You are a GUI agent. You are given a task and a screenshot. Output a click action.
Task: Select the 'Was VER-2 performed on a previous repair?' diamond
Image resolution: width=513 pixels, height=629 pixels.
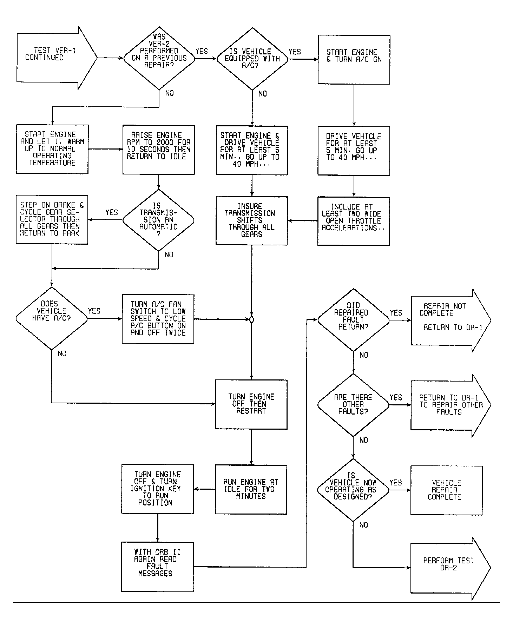coord(159,58)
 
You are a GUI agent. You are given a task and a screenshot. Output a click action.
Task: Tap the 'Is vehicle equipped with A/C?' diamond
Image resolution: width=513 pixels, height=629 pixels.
coord(252,59)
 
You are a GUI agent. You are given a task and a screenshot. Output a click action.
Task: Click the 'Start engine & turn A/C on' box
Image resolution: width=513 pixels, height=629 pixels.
coord(354,60)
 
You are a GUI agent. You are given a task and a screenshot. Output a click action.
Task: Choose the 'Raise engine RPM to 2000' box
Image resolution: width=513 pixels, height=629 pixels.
coord(159,150)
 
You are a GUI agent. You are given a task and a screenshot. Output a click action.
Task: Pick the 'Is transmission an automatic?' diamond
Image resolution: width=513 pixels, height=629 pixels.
coord(158,220)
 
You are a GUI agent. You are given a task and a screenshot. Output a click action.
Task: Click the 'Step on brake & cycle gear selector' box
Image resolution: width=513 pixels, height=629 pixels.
coord(52,220)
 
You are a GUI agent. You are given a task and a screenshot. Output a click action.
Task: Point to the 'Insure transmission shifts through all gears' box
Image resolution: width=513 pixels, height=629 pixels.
coord(252,221)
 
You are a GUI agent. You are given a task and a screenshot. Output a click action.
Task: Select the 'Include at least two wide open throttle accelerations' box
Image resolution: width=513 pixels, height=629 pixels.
coord(354,221)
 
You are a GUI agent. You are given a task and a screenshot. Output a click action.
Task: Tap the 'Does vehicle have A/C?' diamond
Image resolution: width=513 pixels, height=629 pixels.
coord(52,318)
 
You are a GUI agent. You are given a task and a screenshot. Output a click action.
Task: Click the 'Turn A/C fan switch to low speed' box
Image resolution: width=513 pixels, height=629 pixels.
coord(158,319)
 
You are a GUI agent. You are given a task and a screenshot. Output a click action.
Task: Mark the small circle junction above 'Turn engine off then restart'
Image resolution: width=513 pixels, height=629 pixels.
coord(251,320)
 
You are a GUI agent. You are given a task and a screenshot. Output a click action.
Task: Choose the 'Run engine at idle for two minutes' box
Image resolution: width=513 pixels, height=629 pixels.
coord(251,490)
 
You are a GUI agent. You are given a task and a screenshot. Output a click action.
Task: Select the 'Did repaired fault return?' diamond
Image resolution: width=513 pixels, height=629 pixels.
coord(353,320)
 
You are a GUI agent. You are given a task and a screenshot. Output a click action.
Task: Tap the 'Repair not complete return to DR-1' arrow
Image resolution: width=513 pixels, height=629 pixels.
coord(451,320)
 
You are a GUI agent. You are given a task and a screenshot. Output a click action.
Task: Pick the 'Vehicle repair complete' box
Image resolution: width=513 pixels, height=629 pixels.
coord(447,490)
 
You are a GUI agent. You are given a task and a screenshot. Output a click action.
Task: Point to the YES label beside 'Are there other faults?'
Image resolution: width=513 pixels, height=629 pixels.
coord(396,397)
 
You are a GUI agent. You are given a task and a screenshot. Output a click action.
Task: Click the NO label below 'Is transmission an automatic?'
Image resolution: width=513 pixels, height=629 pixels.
coord(169,255)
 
